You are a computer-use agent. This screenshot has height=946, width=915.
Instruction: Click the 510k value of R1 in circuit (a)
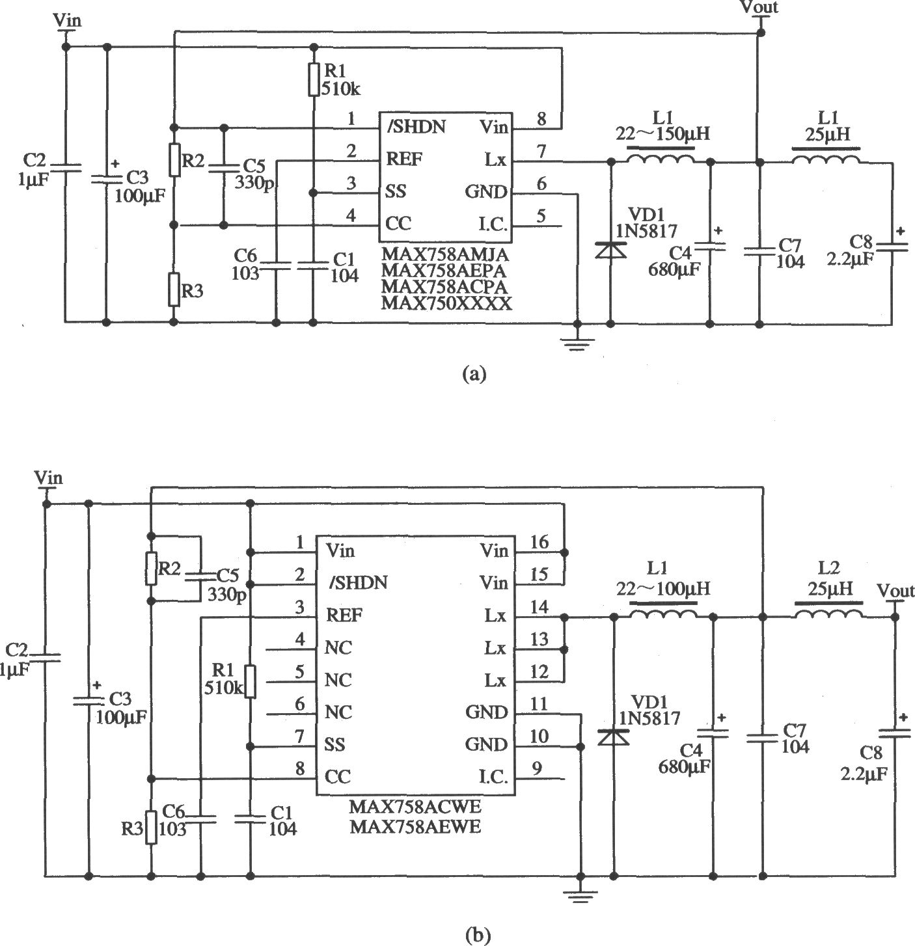coord(341,89)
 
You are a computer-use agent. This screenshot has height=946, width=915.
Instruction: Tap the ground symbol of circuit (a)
coord(577,344)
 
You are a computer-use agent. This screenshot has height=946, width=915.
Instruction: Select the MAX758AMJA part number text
coord(445,255)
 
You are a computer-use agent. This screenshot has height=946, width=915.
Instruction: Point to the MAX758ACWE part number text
coord(415,807)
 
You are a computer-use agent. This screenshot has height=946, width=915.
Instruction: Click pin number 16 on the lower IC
coord(539,541)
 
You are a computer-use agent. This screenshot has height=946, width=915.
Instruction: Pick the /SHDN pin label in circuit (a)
coord(416,127)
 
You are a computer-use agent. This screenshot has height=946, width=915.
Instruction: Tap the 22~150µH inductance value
coord(662,133)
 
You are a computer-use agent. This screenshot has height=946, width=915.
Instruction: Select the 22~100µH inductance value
coord(663,589)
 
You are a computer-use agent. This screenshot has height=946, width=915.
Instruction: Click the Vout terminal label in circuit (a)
coord(759,7)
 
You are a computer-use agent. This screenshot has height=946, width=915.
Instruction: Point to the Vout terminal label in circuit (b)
coord(895,591)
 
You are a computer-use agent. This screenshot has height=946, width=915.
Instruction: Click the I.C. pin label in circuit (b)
coord(493,777)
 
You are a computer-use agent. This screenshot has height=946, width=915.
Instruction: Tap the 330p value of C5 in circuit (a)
coord(254,183)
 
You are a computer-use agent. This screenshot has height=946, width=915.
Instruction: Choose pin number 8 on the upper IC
coord(541,118)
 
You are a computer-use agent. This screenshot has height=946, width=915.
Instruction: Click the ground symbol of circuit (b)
coord(580,895)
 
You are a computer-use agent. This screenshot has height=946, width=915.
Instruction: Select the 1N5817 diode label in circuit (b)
coord(649,718)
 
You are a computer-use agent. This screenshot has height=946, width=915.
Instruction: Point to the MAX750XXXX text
coord(446,303)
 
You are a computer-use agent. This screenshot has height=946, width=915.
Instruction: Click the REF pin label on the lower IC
coord(344,615)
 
